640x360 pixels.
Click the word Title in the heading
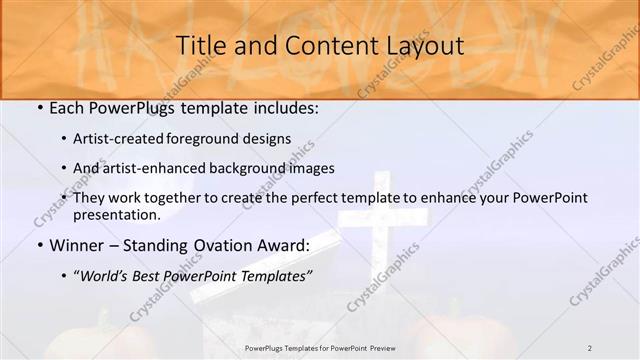(200, 46)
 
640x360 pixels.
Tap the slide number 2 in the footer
(589, 347)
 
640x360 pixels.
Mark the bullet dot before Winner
(39, 246)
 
